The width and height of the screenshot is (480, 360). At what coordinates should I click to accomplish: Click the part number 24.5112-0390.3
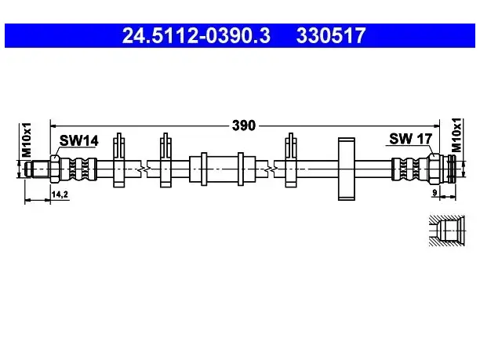point(196,35)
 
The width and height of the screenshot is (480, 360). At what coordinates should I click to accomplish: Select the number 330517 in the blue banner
point(331,35)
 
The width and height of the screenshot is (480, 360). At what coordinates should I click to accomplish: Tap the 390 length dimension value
point(244,125)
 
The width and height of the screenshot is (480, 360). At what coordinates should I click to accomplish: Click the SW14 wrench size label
point(78,140)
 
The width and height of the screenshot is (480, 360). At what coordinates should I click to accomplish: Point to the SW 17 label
point(410,139)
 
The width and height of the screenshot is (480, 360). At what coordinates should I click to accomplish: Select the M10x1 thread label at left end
point(27,140)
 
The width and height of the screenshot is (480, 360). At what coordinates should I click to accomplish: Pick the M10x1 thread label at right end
point(456,135)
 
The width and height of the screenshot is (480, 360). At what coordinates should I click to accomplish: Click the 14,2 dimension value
point(60,194)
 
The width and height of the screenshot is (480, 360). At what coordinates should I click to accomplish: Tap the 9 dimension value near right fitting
point(435,193)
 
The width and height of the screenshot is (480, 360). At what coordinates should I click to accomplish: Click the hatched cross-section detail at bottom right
point(447,231)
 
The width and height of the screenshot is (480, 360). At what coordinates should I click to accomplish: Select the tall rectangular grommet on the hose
point(346,169)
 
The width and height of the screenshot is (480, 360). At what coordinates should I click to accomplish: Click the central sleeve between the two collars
point(222,169)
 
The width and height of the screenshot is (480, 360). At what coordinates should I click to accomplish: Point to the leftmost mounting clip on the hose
point(118,160)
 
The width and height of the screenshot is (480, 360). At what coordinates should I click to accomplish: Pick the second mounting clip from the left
point(165,160)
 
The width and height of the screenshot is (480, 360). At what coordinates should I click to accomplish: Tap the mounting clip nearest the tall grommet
point(291,160)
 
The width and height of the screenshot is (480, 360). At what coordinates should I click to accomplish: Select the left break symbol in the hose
point(144,169)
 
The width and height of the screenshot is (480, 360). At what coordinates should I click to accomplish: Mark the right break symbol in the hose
point(271,169)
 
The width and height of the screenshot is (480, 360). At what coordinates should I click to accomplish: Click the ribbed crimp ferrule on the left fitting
point(78,169)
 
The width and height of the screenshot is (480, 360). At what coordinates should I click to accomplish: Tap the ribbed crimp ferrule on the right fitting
point(410,169)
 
